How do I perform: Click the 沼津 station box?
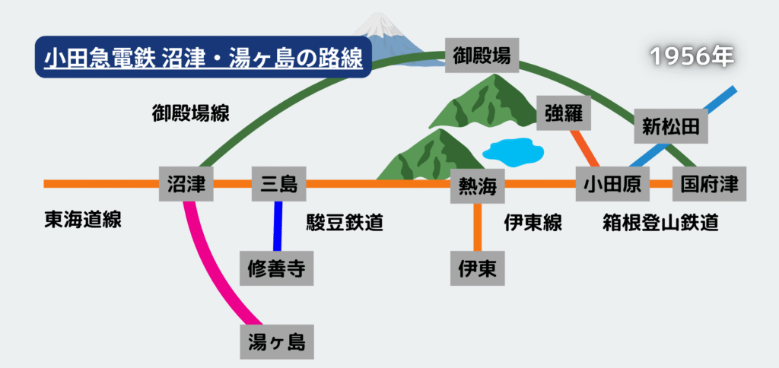[x=186, y=183]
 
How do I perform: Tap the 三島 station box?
[x=278, y=183]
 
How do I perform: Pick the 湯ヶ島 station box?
[x=276, y=342]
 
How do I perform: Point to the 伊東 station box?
[x=477, y=268]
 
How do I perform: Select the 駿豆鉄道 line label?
[x=344, y=223]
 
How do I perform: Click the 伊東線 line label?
[x=533, y=223]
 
